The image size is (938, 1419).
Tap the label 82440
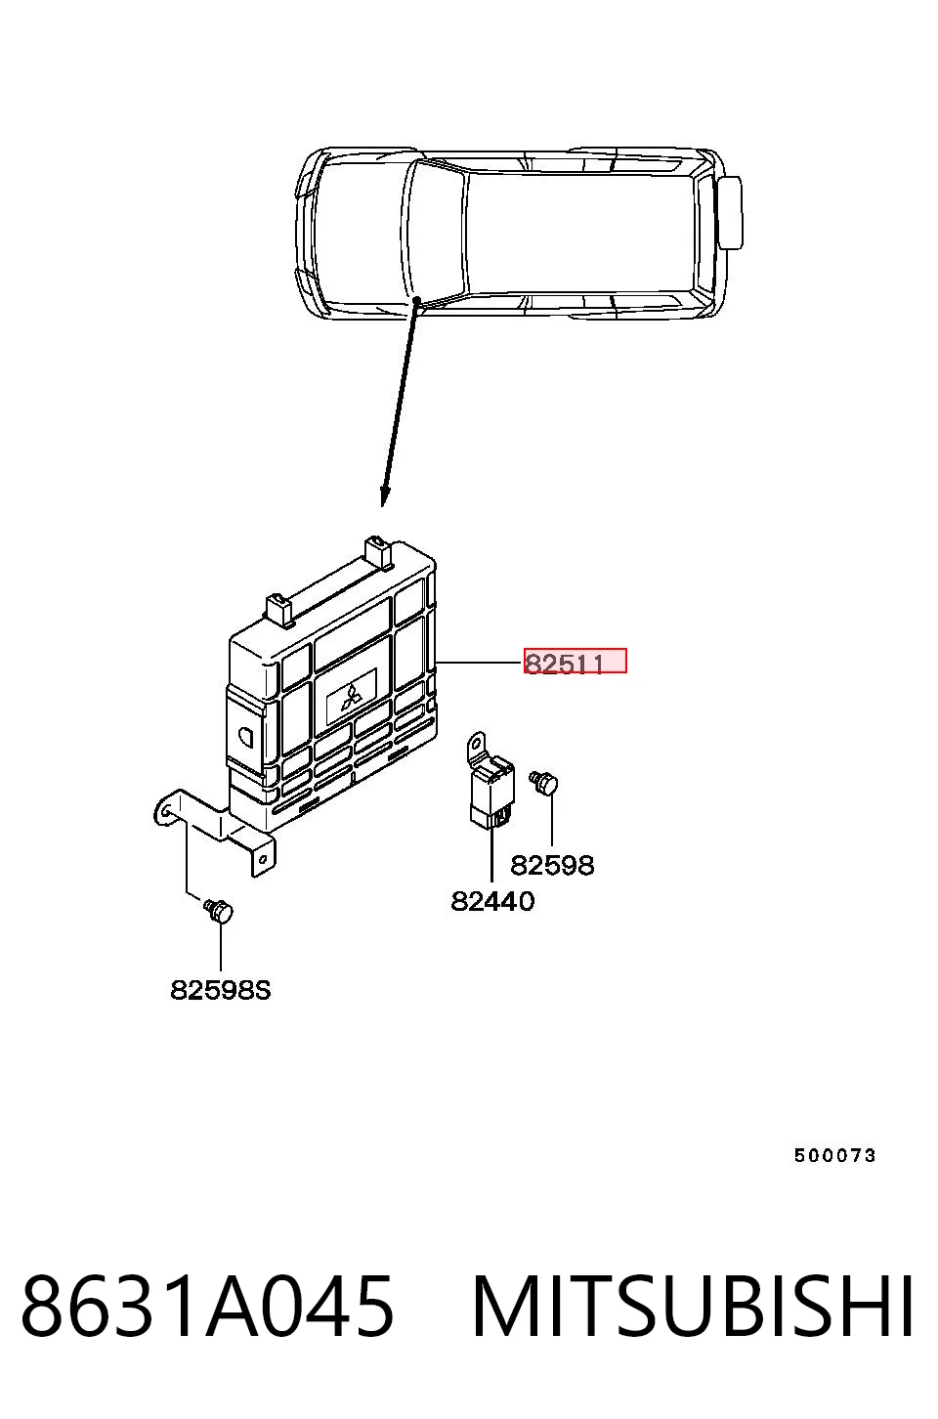[x=492, y=901]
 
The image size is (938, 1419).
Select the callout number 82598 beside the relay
[x=552, y=865]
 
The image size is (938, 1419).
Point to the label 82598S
[x=221, y=990]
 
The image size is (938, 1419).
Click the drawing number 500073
[x=834, y=1155]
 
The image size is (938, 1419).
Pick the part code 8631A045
[x=207, y=1307]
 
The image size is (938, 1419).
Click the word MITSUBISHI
[x=693, y=1307]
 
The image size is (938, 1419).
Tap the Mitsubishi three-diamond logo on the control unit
[x=351, y=698]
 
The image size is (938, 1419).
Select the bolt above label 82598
[x=544, y=783]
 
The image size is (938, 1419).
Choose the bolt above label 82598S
[x=219, y=911]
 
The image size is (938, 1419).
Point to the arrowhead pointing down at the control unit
[x=384, y=496]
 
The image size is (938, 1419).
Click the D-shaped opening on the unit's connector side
[x=246, y=736]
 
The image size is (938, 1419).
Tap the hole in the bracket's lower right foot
[x=264, y=859]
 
